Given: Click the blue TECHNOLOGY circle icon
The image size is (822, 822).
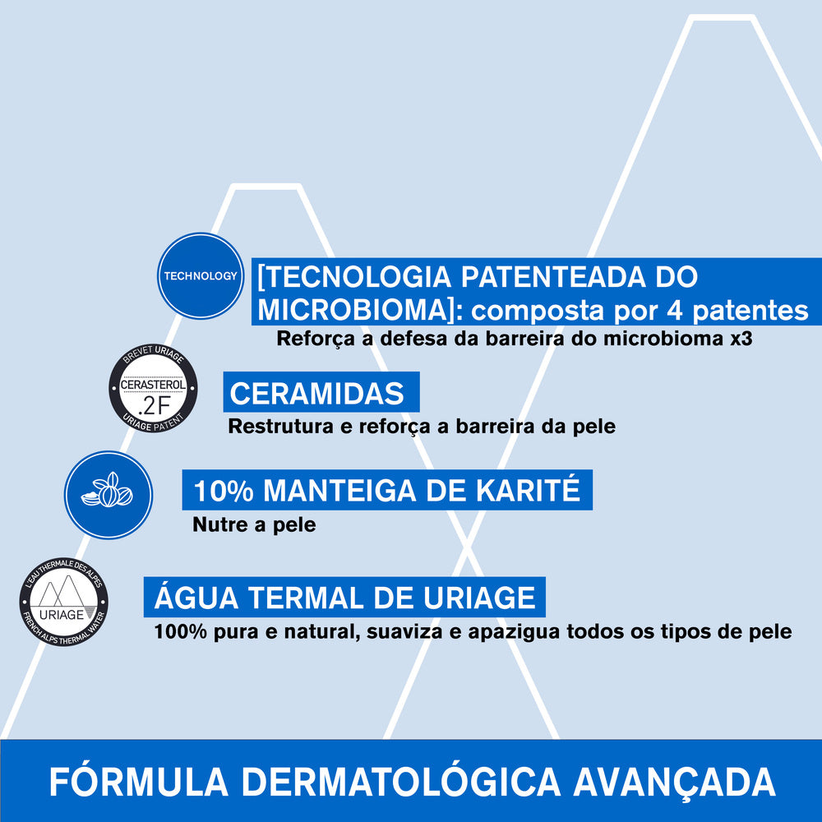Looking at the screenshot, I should [x=200, y=275].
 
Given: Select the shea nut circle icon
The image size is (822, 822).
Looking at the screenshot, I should [x=108, y=495].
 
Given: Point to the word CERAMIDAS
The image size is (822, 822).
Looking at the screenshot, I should [x=317, y=393].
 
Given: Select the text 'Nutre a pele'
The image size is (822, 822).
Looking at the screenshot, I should [x=254, y=524].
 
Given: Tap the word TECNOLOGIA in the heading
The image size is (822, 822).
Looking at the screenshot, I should [x=351, y=276].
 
